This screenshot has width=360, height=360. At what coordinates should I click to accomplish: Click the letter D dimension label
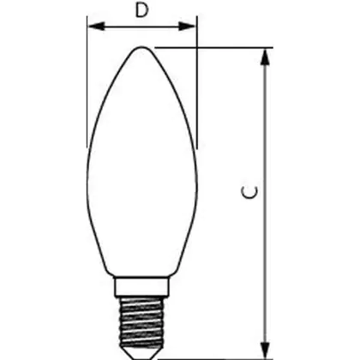point(142,10)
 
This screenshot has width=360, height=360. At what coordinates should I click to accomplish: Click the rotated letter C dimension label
point(250,192)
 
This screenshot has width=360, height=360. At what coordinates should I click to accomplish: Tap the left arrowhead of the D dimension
point(95,27)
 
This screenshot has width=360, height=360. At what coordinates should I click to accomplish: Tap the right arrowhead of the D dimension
point(188,27)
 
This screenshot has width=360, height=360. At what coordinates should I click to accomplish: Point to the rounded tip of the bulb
point(141,47)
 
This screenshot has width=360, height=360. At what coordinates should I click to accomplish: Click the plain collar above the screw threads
point(141,286)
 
